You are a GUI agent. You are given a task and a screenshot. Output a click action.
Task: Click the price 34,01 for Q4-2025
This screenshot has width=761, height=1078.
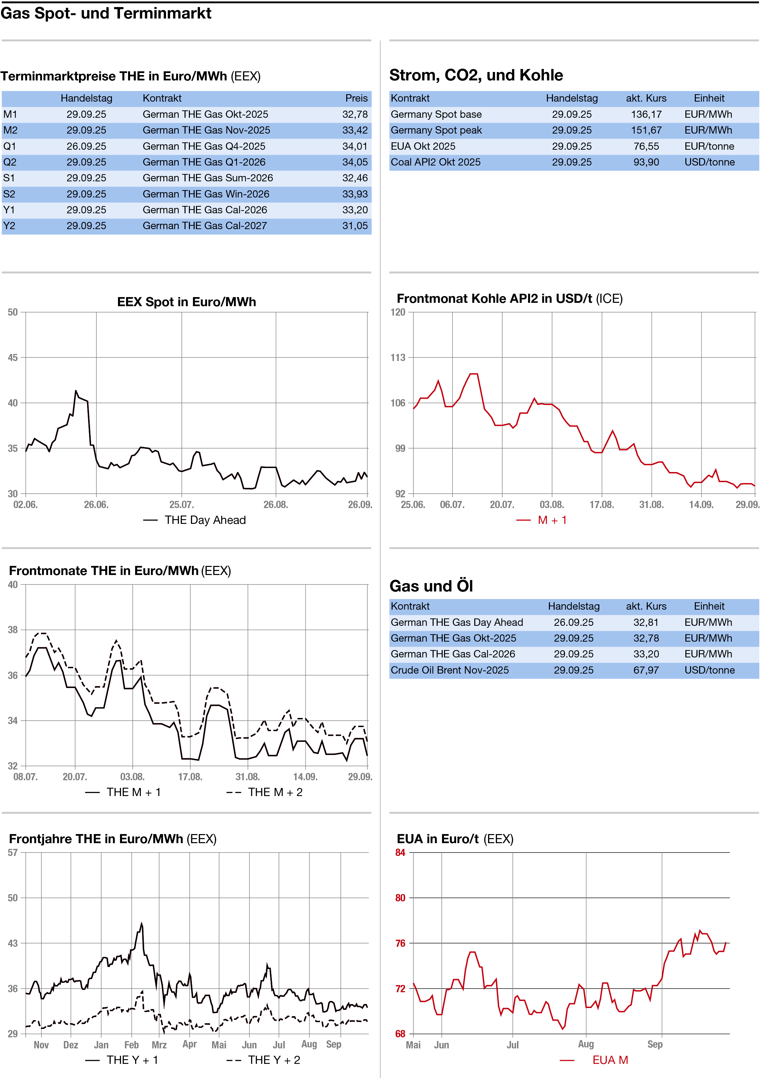[355, 146]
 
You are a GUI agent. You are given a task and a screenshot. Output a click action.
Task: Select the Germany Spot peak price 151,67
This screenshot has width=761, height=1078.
[646, 131]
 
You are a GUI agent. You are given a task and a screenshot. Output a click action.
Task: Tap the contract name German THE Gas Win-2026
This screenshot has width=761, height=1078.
[206, 194]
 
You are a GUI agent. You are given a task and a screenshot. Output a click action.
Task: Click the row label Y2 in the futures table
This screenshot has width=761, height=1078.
[9, 226]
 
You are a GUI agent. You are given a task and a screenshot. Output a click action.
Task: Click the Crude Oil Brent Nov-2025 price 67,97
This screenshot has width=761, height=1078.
[646, 670]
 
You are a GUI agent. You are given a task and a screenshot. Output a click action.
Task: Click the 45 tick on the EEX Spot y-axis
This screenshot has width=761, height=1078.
[13, 358]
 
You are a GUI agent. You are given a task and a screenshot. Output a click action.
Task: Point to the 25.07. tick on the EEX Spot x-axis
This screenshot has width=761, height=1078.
[182, 505]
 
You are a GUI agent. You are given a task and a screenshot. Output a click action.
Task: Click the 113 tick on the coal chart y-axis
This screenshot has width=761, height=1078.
[398, 358]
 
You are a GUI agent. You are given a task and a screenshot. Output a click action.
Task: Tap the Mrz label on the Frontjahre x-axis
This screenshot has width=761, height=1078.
[159, 1045]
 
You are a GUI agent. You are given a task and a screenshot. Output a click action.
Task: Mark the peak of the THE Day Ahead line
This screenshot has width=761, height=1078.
[76, 391]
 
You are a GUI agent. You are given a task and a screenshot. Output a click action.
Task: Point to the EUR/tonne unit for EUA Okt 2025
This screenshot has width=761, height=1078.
[709, 146]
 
